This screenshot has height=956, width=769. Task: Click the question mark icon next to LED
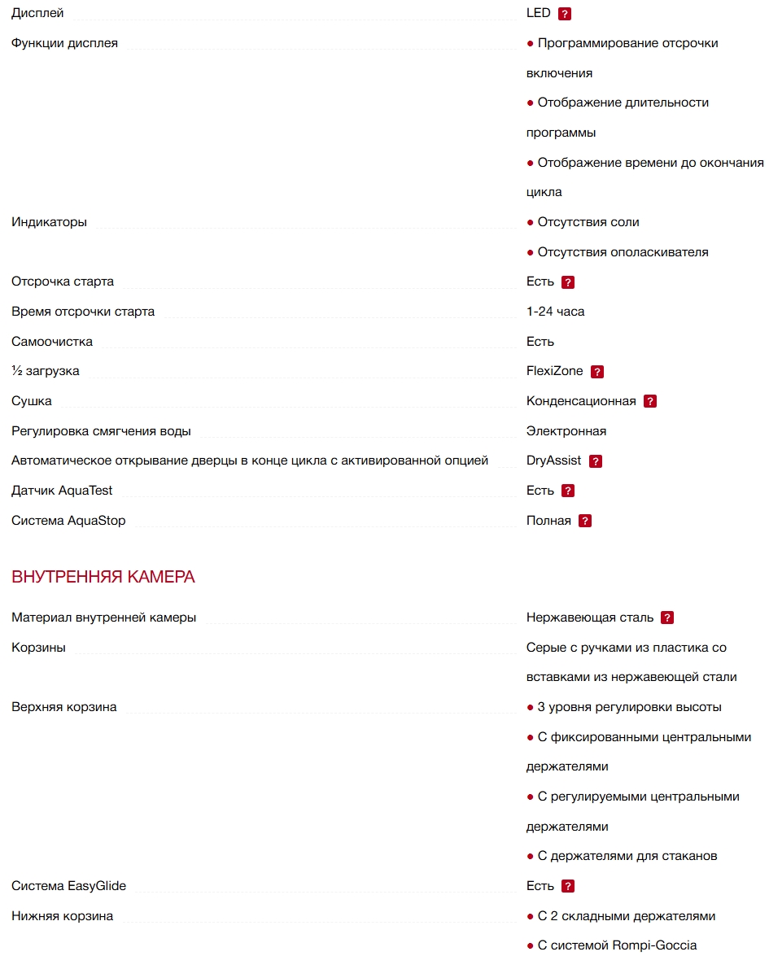(565, 14)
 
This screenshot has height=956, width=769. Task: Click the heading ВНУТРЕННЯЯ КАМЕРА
(103, 578)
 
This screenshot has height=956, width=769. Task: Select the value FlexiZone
(554, 371)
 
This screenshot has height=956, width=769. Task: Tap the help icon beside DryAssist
(596, 461)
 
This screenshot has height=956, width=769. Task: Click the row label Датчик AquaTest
(62, 491)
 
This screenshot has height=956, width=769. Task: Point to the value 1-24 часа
(555, 312)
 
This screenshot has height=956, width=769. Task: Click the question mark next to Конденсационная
(650, 401)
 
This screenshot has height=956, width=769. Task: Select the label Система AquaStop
(68, 521)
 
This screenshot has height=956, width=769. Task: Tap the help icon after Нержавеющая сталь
(667, 618)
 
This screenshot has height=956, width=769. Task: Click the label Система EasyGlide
(68, 886)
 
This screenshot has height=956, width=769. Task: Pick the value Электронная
(566, 431)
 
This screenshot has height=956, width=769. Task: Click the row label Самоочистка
(52, 342)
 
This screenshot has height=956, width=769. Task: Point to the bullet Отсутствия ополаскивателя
(623, 252)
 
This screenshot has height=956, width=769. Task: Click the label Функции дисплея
(64, 43)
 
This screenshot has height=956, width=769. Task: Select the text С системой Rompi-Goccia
(617, 945)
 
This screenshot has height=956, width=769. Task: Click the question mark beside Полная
(585, 521)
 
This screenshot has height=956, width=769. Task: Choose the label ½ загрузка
(46, 371)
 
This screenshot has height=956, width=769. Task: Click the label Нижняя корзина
(62, 916)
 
